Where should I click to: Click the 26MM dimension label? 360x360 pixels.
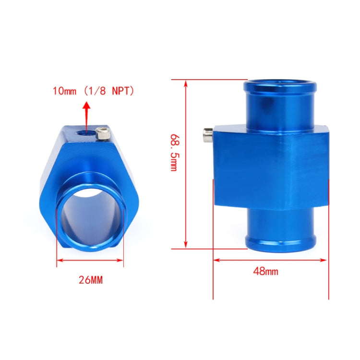[x=90, y=280]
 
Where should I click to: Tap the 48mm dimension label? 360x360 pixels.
[x=265, y=272]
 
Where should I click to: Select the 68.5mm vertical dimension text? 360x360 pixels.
[x=173, y=153]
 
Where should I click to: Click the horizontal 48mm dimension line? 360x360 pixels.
[x=271, y=260]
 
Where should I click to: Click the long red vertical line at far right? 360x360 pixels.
[x=328, y=240]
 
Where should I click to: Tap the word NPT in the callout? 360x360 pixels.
[x=123, y=91]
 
